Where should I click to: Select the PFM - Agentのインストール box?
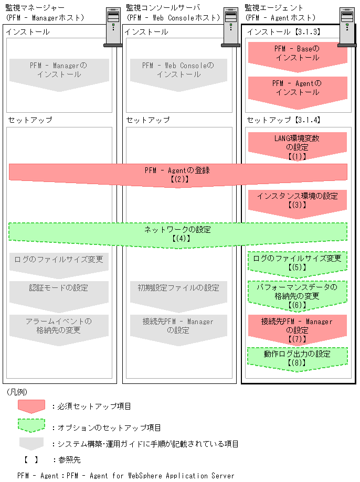click(297, 88)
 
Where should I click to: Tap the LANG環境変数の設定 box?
click(297, 146)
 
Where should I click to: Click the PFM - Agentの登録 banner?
click(178, 174)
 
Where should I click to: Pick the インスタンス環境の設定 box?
click(297, 200)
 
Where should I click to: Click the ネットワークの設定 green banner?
click(178, 233)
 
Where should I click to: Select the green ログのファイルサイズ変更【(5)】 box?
click(297, 262)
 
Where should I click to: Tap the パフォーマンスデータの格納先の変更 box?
click(297, 295)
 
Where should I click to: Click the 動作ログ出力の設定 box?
click(297, 358)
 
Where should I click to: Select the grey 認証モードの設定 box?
click(59, 292)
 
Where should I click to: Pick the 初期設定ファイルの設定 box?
click(178, 292)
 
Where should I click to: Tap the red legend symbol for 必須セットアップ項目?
click(31, 406)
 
